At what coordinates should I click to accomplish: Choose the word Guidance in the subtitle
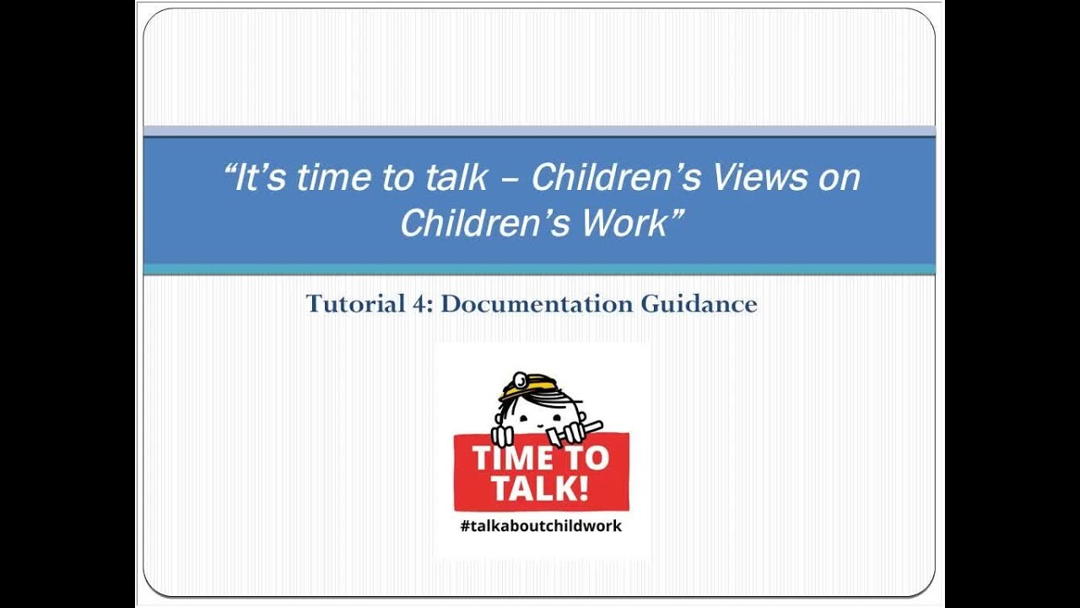tap(699, 304)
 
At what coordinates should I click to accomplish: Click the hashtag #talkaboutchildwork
tap(541, 526)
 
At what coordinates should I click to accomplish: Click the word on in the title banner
tap(839, 178)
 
